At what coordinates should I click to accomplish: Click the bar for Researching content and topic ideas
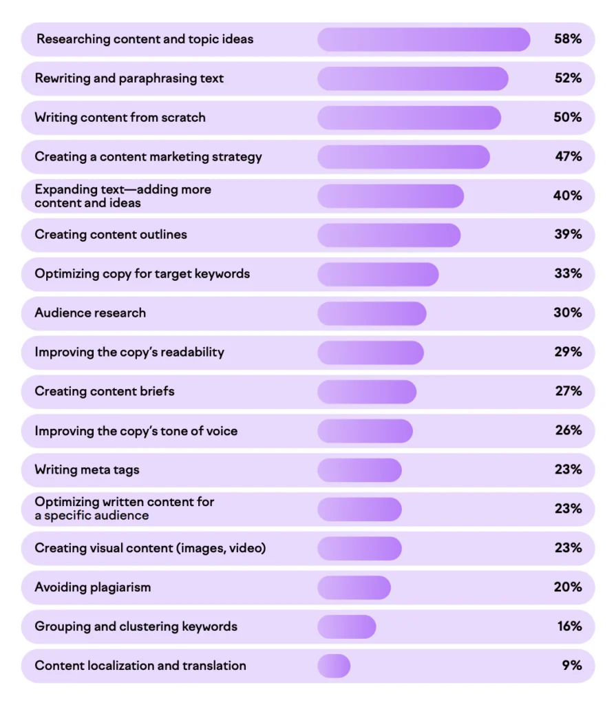(423, 39)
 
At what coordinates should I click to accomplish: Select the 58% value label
(568, 39)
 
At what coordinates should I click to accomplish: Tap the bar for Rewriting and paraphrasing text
(412, 78)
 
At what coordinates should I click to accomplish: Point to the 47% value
(569, 157)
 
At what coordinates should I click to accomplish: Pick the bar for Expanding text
(390, 196)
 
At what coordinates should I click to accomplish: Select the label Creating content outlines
(111, 235)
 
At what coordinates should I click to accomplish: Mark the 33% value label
(568, 274)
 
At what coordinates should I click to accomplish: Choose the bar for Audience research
(372, 313)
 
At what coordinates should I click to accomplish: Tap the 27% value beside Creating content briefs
(569, 392)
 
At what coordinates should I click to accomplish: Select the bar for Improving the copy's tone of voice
(365, 431)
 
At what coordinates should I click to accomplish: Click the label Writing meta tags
(87, 470)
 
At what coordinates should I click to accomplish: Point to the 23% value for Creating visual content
(569, 548)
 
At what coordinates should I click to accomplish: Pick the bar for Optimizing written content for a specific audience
(359, 509)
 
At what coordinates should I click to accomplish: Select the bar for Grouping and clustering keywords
(346, 627)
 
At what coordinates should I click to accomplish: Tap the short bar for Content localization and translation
(334, 666)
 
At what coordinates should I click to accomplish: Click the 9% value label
(571, 666)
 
